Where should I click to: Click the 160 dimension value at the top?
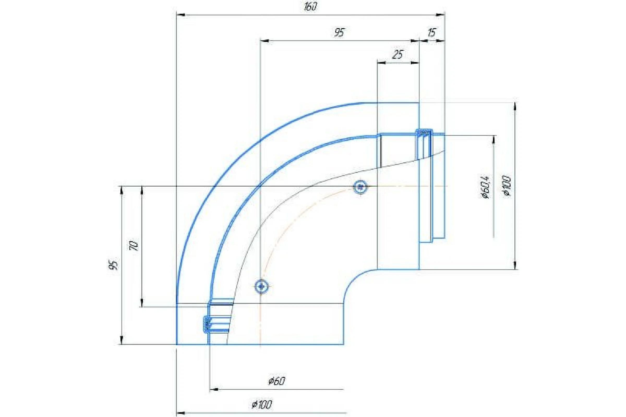point(310,7)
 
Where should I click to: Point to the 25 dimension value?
point(398,54)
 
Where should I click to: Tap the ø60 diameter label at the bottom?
point(277,381)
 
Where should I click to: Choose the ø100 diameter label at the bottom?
point(262,405)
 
